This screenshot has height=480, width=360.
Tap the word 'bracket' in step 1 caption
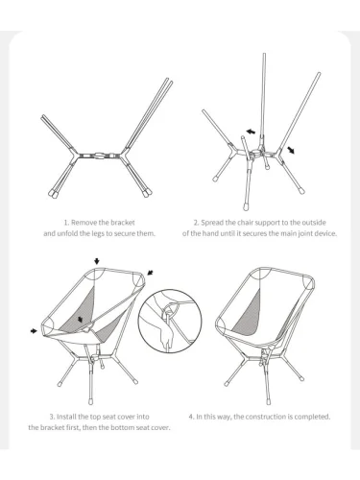click(x=123, y=223)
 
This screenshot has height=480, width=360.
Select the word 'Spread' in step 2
click(x=212, y=223)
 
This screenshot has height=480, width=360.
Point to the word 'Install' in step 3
click(x=66, y=417)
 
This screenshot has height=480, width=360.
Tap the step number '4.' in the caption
click(x=191, y=417)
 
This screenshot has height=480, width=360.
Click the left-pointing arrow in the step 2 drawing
click(x=251, y=132)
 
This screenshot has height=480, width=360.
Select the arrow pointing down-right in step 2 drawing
click(x=291, y=150)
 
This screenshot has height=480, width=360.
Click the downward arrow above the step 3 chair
click(x=97, y=261)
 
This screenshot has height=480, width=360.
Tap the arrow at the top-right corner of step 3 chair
click(x=150, y=273)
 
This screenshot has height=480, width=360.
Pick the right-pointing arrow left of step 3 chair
click(x=34, y=330)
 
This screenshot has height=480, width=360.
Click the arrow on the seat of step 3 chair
click(x=80, y=319)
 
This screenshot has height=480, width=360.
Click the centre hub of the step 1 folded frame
click(x=99, y=156)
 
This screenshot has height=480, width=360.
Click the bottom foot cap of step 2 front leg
click(x=246, y=206)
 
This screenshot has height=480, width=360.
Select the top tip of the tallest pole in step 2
click(x=264, y=54)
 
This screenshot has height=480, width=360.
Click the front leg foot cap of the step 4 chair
click(x=268, y=400)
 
